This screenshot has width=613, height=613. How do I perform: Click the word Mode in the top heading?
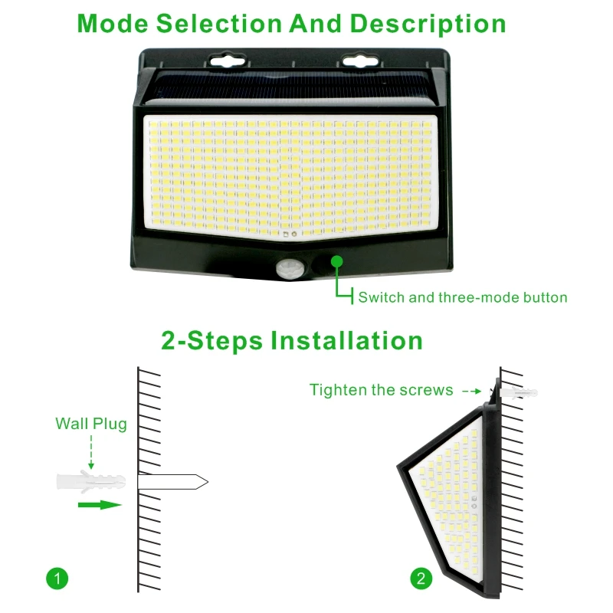click(113, 24)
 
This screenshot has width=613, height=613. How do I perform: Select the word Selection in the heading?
click(219, 24)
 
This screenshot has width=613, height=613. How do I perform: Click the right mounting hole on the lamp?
click(360, 61)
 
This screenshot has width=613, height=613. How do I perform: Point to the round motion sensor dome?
click(290, 269)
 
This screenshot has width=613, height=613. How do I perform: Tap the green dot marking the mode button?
click(336, 261)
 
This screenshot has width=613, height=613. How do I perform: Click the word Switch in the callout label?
click(382, 297)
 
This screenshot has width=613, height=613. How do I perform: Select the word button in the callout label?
click(545, 297)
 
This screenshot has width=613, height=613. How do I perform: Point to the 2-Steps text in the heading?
click(211, 340)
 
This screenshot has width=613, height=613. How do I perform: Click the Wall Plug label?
click(91, 424)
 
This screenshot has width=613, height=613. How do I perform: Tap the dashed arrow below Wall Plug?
click(91, 451)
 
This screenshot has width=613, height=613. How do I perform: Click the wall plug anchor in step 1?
click(91, 482)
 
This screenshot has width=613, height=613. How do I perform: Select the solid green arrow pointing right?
click(100, 505)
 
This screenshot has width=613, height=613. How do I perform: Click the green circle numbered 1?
click(57, 579)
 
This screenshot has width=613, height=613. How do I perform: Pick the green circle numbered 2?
click(421, 579)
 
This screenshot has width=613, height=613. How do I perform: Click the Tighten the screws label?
click(381, 390)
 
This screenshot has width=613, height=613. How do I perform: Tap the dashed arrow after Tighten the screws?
click(471, 391)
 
